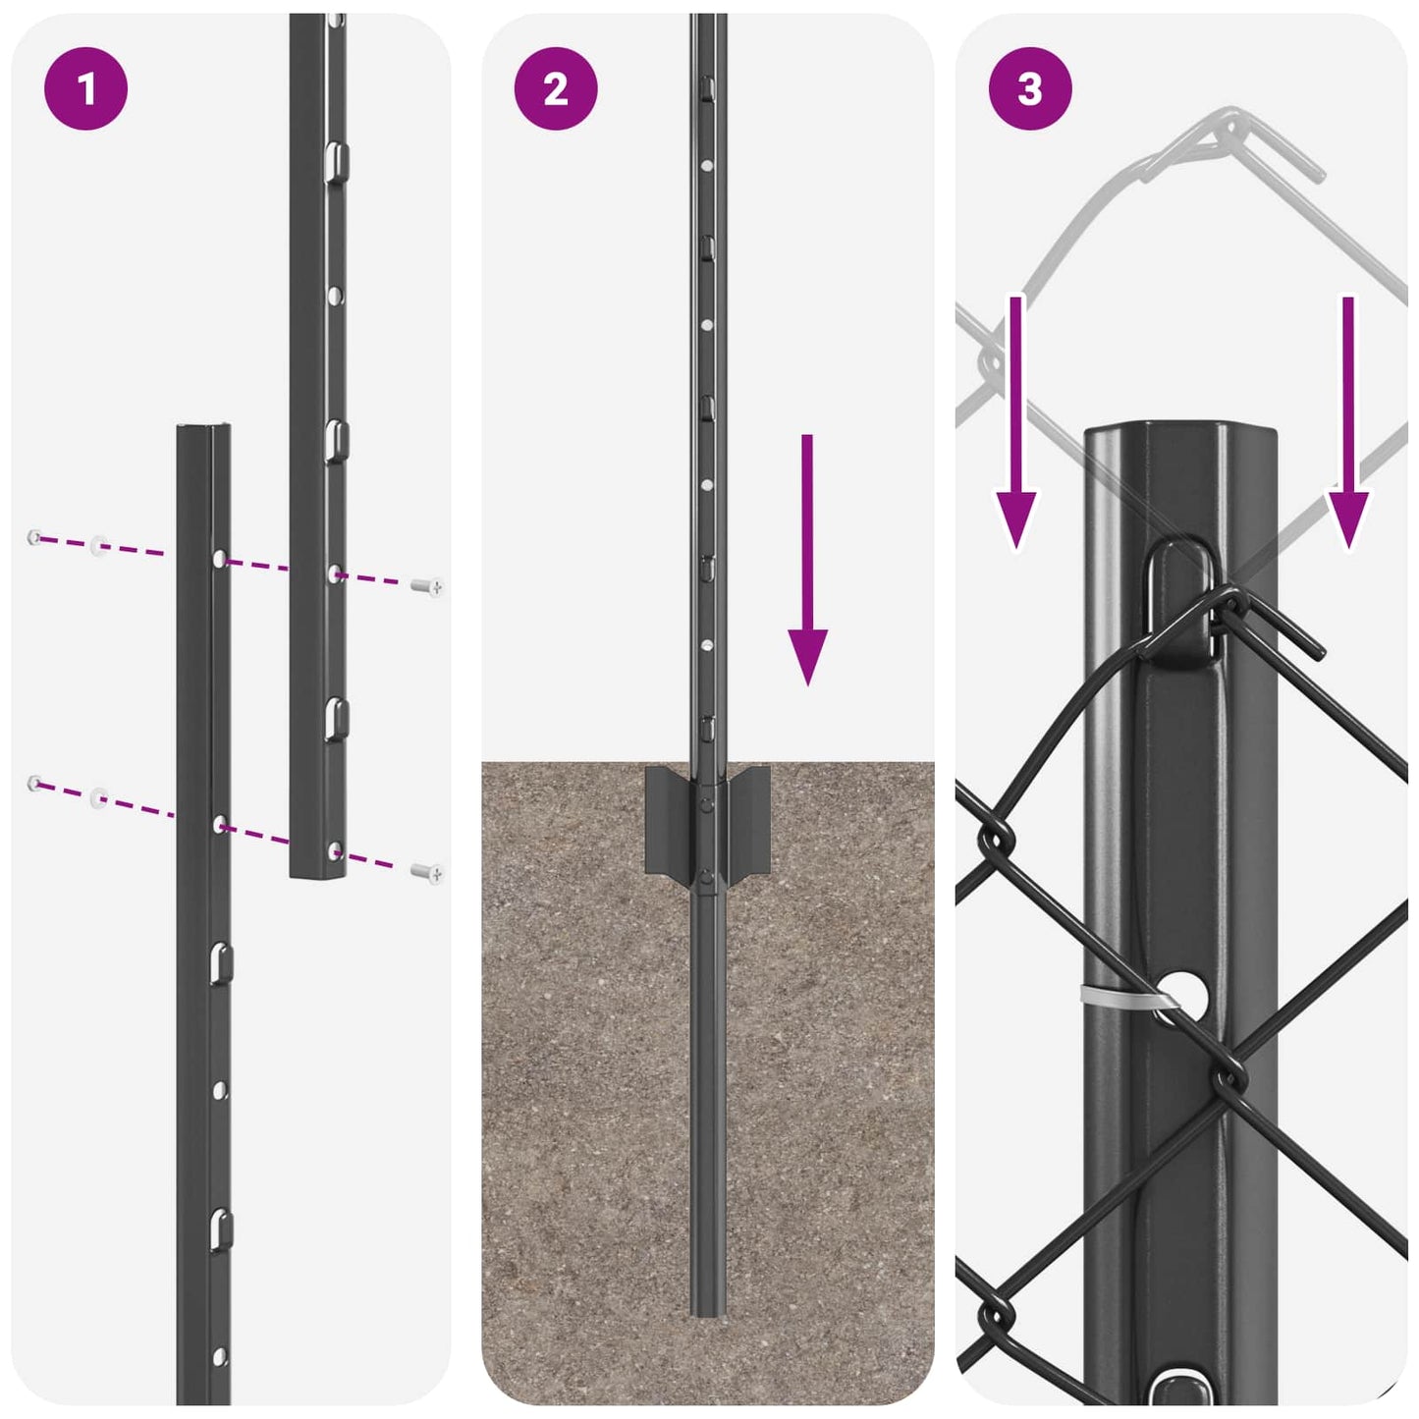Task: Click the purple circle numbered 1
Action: pos(86,89)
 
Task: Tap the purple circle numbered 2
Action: pos(556,89)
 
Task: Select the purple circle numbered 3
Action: pos(1029,89)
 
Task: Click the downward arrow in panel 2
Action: pos(807,560)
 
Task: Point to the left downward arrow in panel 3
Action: pos(1015,422)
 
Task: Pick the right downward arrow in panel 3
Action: pos(1348,422)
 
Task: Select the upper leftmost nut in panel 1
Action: pos(35,537)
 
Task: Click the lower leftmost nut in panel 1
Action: pos(35,783)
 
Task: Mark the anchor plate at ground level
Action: pos(707,821)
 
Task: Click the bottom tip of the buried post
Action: pos(707,1311)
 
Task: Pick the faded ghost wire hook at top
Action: pos(1237,142)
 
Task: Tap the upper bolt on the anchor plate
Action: pos(707,804)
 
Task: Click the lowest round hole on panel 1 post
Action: pos(220,1357)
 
